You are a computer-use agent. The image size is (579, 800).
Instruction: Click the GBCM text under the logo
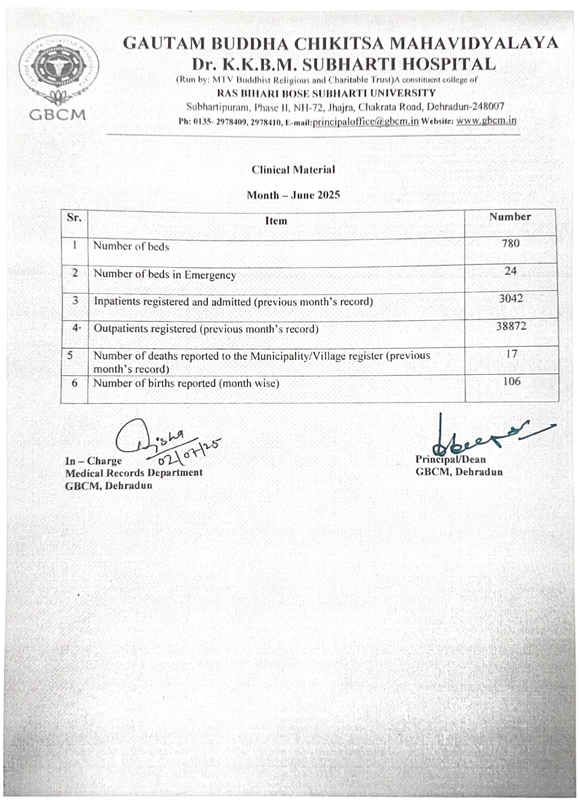(x=58, y=115)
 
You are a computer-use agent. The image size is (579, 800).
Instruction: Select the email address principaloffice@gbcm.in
(x=366, y=121)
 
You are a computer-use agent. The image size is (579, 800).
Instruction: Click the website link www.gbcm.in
(x=486, y=120)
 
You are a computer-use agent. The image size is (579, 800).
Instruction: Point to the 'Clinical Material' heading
(x=293, y=170)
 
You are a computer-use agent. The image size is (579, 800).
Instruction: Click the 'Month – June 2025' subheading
(x=293, y=195)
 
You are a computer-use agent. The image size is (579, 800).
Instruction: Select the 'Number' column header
(x=510, y=217)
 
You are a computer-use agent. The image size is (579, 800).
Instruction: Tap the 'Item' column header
(x=276, y=221)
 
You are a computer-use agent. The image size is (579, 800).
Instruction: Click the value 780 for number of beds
(x=511, y=243)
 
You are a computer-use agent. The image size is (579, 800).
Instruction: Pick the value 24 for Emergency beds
(x=510, y=271)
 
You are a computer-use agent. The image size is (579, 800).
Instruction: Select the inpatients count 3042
(x=511, y=299)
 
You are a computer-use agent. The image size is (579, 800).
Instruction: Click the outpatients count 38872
(x=511, y=326)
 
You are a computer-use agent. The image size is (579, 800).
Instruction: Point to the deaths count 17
(x=511, y=354)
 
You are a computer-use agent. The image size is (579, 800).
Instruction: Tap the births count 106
(x=511, y=381)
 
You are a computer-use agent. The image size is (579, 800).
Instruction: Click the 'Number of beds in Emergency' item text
(x=165, y=275)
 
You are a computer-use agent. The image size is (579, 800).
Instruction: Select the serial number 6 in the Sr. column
(x=74, y=383)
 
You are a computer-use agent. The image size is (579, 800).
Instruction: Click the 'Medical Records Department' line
(x=134, y=473)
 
